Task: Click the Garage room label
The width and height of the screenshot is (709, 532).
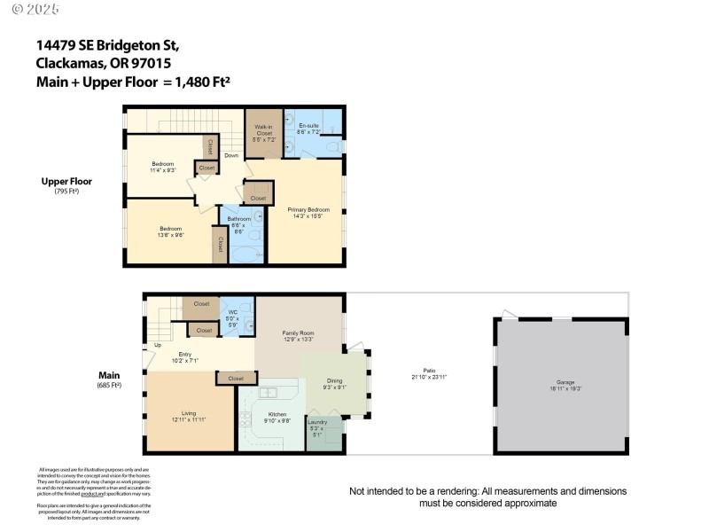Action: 559,385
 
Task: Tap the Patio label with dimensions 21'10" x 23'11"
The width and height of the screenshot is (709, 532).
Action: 428,373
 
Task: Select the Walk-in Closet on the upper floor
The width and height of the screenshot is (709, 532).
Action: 263,134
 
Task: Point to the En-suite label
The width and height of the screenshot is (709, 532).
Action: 309,129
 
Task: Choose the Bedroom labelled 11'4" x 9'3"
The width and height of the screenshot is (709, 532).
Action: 163,167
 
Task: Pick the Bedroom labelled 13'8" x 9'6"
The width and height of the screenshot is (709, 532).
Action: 164,232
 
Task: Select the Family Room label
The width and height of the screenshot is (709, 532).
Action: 298,335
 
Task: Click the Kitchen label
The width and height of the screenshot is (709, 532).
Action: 278,417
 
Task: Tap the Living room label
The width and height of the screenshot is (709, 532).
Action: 189,417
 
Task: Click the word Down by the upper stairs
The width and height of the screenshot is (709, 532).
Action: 231,156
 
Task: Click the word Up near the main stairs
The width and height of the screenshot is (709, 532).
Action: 158,345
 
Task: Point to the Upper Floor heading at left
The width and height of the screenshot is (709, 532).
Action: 66,183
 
